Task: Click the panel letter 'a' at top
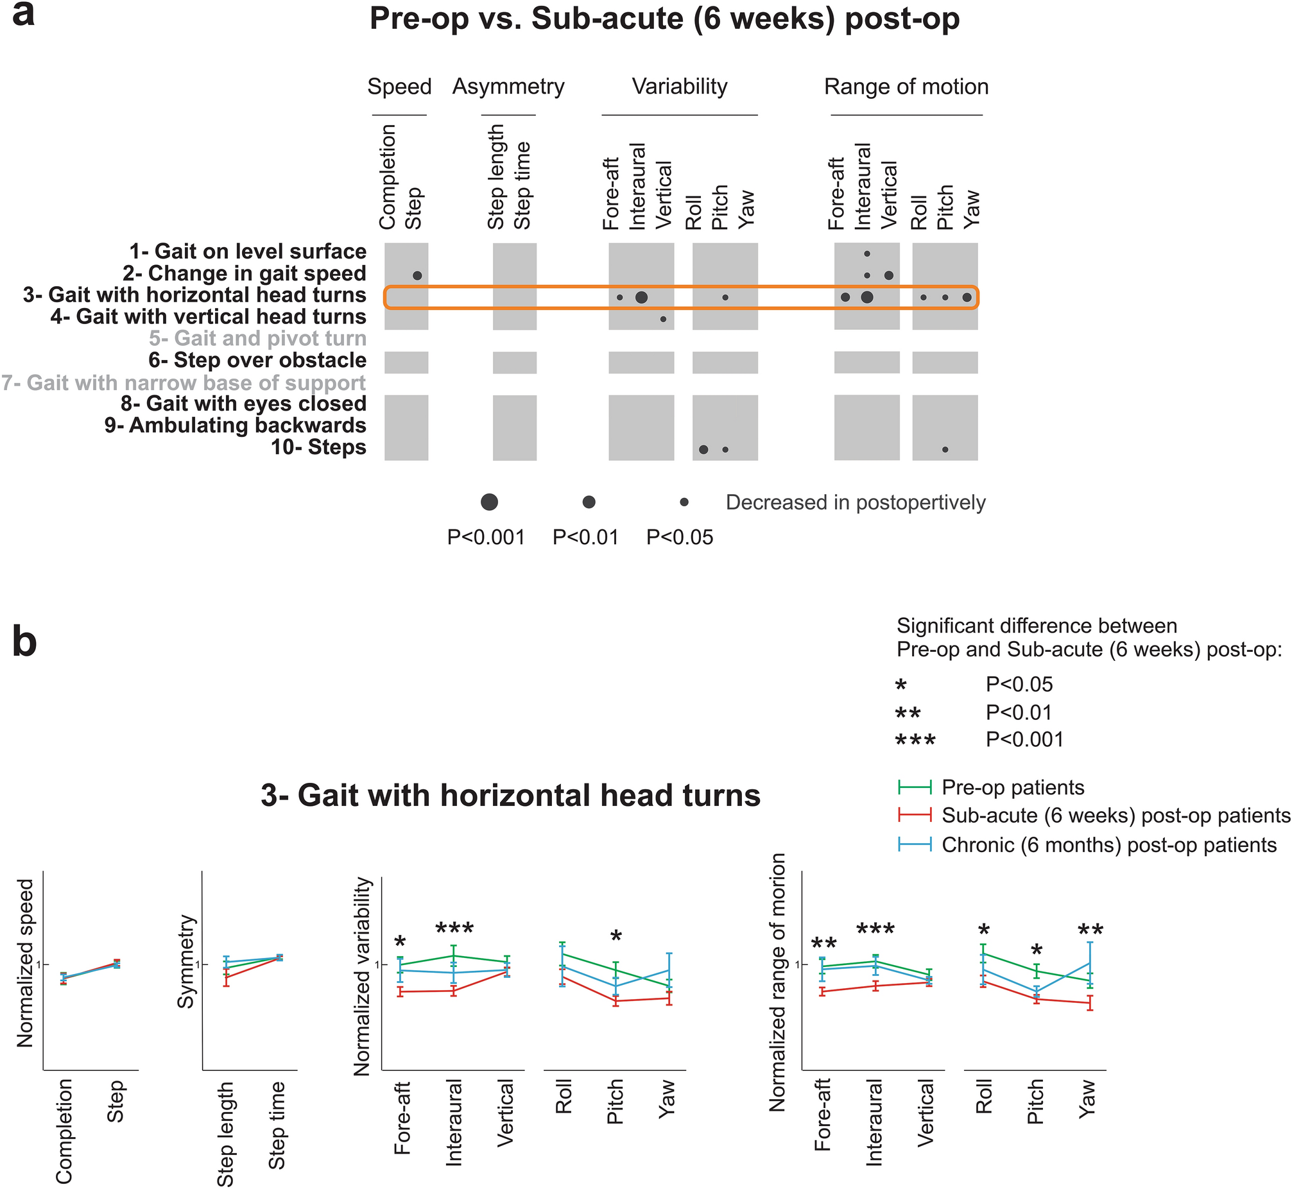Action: click(x=23, y=14)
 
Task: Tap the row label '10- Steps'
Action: click(x=318, y=447)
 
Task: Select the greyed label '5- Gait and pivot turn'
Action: click(x=257, y=338)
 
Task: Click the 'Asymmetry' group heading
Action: click(x=508, y=86)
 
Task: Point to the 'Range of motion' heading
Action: click(x=906, y=86)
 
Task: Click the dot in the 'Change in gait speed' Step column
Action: click(x=417, y=275)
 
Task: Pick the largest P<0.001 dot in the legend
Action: click(x=489, y=502)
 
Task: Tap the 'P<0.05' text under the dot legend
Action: click(x=680, y=536)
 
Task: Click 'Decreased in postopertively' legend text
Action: click(x=855, y=502)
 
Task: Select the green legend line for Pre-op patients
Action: click(x=915, y=786)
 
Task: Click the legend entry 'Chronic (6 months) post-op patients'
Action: click(x=1108, y=844)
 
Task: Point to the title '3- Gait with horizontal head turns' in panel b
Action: click(x=510, y=795)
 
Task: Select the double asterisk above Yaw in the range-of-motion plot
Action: click(x=1090, y=931)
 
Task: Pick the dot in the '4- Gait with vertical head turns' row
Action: click(x=663, y=319)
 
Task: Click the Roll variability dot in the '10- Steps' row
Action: click(x=703, y=449)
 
